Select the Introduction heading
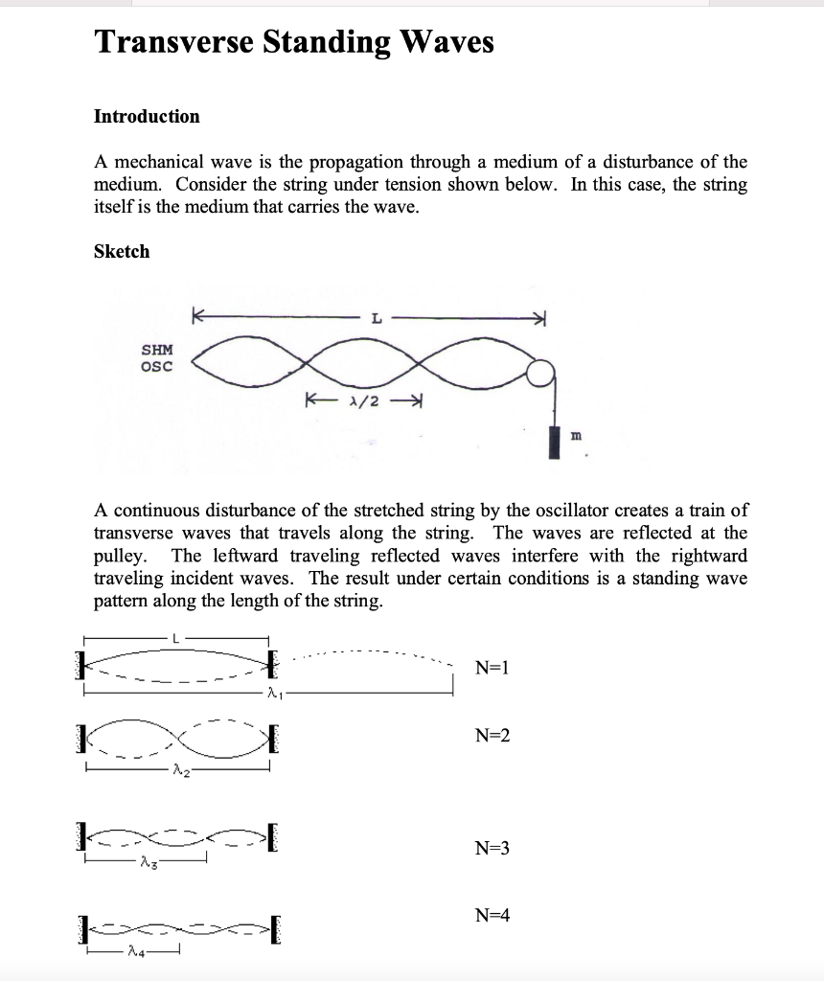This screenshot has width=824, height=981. [x=147, y=117]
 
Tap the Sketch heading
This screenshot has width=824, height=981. [x=122, y=252]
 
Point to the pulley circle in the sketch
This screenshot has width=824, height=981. [x=542, y=372]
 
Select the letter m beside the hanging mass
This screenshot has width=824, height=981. [x=576, y=436]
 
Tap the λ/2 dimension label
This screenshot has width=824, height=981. [x=364, y=400]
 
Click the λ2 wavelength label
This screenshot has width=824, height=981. [x=181, y=772]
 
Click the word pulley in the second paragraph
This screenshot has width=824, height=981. [x=119, y=556]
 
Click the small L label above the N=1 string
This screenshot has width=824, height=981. [x=175, y=638]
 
